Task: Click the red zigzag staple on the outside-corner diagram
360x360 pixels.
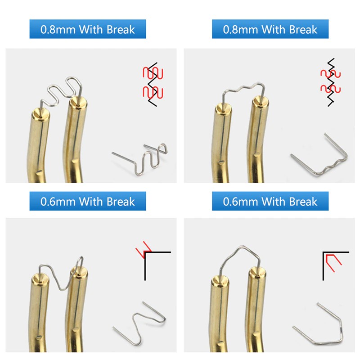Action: [x=144, y=250]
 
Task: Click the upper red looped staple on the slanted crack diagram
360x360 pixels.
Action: [x=153, y=73]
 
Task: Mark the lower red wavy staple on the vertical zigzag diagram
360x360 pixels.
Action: [x=331, y=89]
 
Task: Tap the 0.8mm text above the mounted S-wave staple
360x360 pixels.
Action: [x=58, y=30]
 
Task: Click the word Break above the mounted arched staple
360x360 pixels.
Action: [x=303, y=202]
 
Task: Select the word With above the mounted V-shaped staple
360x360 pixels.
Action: [x=91, y=202]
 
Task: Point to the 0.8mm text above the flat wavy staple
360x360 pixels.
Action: [x=240, y=30]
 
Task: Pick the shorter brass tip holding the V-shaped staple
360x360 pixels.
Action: [x=39, y=312]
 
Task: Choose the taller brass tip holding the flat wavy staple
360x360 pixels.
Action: [x=258, y=140]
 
